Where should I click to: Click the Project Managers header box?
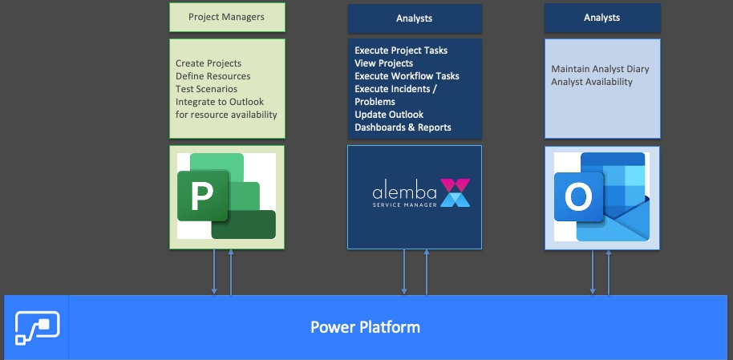[226, 17]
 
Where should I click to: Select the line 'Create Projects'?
[209, 63]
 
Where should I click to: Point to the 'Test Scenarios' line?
[206, 89]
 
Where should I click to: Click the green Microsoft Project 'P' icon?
[225, 196]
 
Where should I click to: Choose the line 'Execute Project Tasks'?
[401, 51]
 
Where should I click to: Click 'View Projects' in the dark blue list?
[384, 63]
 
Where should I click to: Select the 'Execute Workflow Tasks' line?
[407, 76]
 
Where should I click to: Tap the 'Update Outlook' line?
[389, 115]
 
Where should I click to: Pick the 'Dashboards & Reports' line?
[403, 127]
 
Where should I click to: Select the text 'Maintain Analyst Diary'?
[600, 69]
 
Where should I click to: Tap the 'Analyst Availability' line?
[592, 82]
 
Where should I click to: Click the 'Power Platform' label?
[366, 327]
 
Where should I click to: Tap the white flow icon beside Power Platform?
[37, 327]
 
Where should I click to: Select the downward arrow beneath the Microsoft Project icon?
[214, 272]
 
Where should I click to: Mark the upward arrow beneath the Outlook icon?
[609, 272]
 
